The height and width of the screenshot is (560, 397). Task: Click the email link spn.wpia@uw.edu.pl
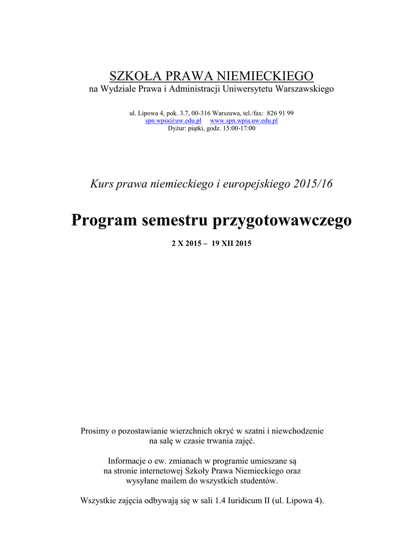(173, 120)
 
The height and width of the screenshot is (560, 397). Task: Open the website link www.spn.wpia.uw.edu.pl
(244, 120)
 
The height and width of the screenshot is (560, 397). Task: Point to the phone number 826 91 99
(280, 113)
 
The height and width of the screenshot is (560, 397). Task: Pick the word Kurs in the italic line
(101, 184)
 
